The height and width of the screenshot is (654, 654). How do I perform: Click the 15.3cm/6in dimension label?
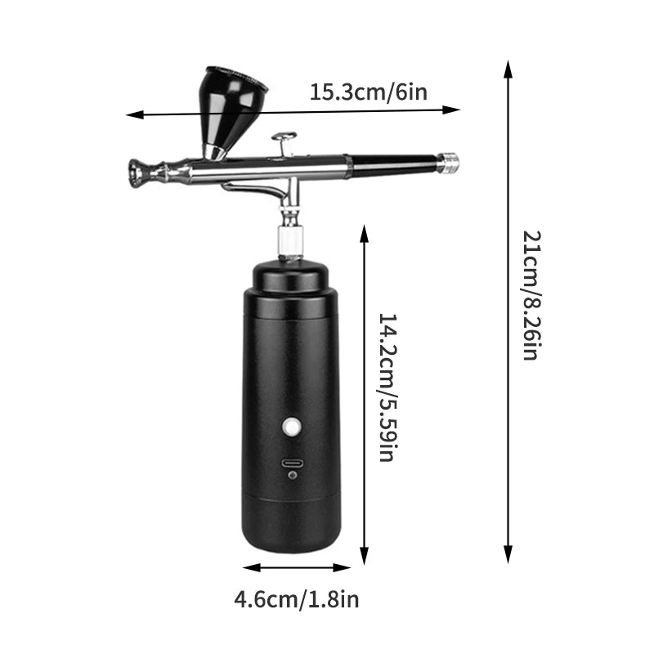point(368,92)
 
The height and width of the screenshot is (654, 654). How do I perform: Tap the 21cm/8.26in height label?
point(531,296)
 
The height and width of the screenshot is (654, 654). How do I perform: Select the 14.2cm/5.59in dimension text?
point(387,387)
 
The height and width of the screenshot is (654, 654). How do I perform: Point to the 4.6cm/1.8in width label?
point(296,600)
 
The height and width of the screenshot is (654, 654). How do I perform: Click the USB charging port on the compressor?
point(293,463)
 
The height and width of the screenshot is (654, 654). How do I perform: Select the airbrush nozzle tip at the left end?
point(136,172)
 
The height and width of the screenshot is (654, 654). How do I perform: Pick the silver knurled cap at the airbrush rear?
point(447,162)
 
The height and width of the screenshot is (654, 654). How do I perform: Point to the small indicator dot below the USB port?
point(293,476)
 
